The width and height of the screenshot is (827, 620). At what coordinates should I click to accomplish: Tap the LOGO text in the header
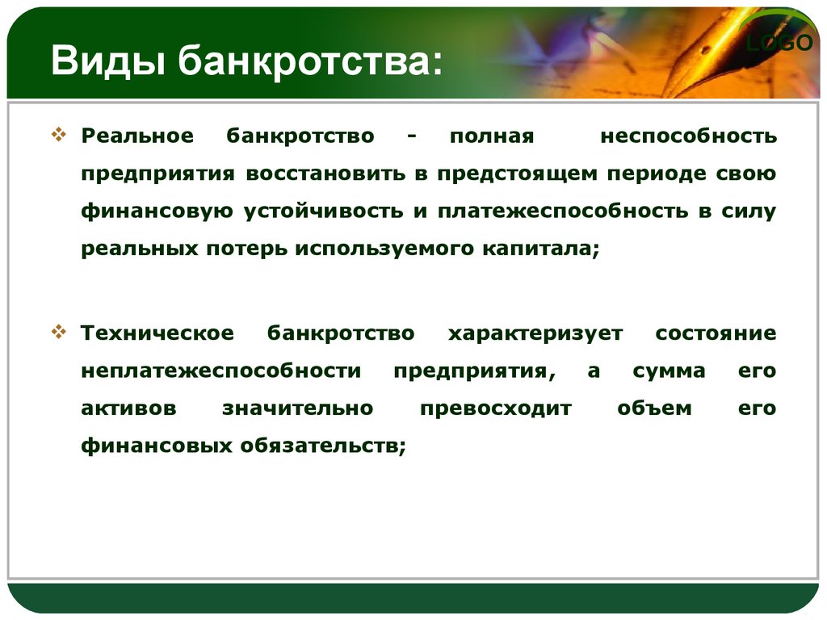point(779,43)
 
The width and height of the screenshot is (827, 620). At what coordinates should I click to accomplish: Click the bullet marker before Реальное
point(58,134)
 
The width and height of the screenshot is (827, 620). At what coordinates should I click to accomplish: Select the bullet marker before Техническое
point(58,332)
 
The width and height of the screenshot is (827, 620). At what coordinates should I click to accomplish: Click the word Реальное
point(137,136)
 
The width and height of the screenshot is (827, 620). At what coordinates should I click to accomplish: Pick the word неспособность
point(688,136)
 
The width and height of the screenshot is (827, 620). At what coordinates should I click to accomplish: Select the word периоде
point(656,174)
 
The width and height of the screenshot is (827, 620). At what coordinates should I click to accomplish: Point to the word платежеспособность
point(563,211)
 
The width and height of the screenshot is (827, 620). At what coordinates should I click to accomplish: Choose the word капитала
point(541,249)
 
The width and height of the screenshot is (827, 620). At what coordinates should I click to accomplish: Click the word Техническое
point(157,333)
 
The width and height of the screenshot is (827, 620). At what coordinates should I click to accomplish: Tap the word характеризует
point(535,333)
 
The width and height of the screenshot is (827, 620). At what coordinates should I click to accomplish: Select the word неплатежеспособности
point(221,371)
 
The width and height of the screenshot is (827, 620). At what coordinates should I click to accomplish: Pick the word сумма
point(669,371)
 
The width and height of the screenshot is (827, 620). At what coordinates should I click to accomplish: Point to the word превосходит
point(496,408)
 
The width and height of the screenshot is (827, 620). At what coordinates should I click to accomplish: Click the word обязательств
point(323,446)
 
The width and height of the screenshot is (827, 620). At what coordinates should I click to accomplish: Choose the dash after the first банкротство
point(412,136)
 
